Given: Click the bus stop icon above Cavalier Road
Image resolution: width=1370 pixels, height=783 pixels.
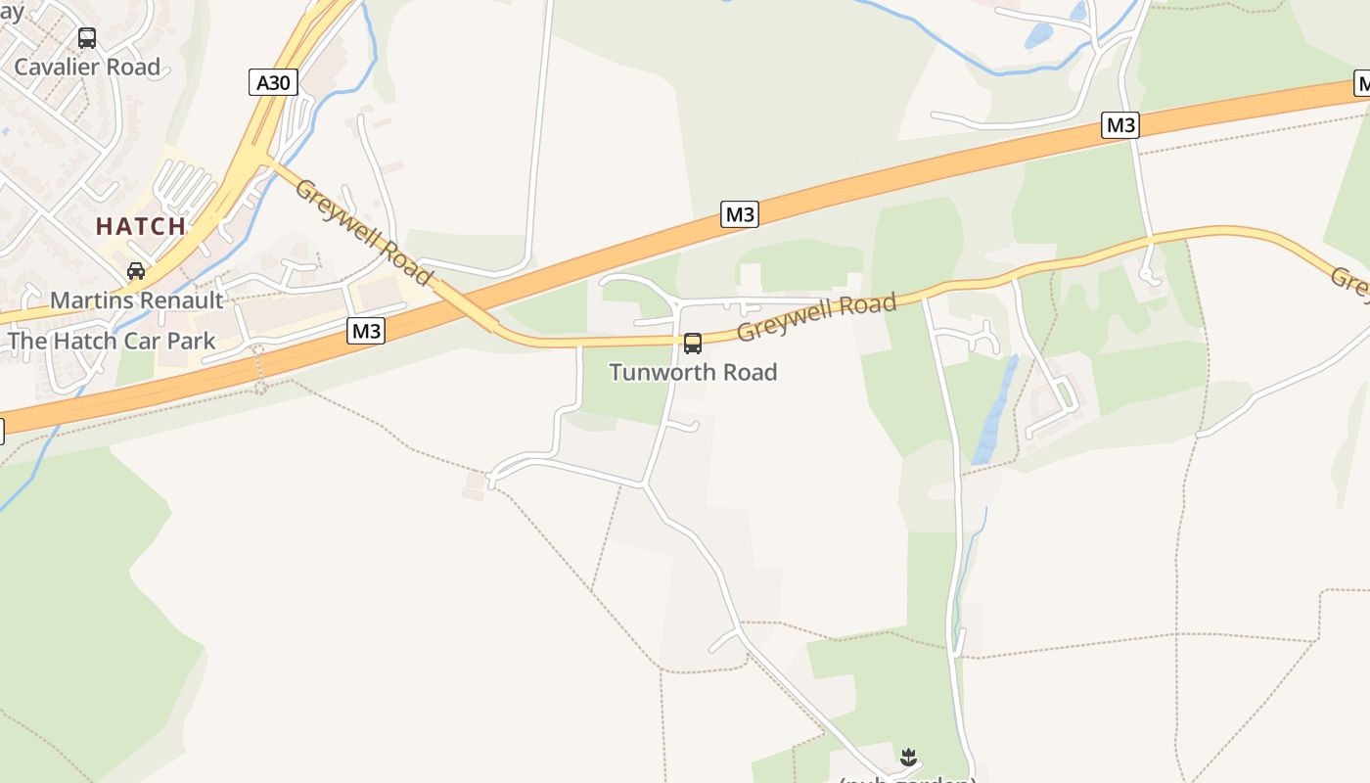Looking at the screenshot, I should tap(87, 38).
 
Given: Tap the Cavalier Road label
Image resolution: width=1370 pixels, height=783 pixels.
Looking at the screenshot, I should tap(87, 68).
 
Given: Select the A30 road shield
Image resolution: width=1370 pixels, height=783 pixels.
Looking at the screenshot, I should tap(273, 82).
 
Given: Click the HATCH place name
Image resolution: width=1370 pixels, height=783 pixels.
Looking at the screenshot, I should tap(141, 226).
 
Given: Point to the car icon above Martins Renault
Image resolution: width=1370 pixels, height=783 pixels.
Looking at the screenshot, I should tap(136, 271).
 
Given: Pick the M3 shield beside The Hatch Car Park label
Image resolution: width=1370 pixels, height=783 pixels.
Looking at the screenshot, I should tap(366, 332).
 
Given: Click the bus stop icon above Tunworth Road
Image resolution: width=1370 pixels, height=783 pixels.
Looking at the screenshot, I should tap(693, 344).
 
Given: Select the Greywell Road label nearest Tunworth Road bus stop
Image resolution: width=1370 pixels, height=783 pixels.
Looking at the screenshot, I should tap(816, 316).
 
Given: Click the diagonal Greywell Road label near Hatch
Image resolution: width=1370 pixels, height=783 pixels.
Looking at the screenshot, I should tap(363, 232).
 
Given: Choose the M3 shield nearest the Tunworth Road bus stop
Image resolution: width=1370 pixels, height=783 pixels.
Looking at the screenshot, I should tap(740, 213).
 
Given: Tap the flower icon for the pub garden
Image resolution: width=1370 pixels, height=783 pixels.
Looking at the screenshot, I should tap(909, 757).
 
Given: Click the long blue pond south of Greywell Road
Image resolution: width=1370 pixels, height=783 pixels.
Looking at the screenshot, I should tap(994, 411).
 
